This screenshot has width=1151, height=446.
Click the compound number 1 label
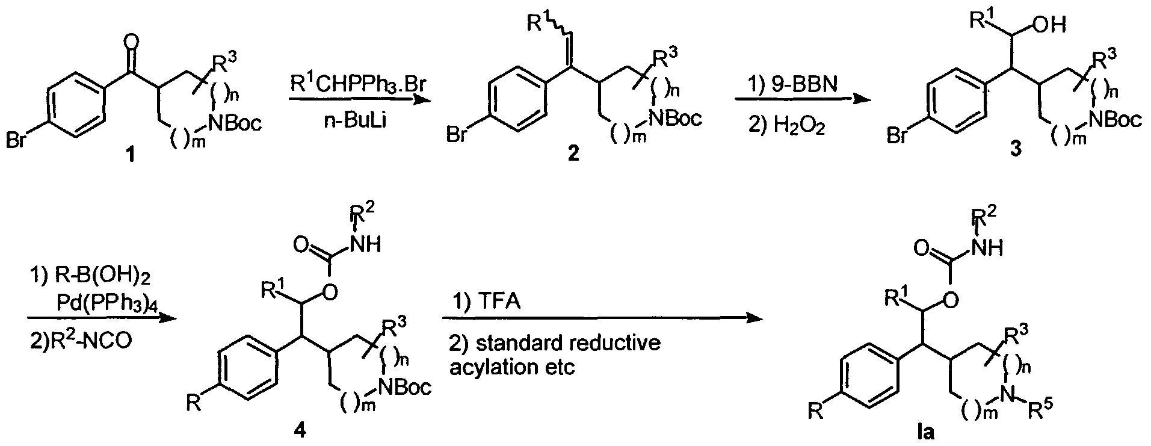coord(129,156)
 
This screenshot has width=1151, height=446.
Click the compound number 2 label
coord(573,156)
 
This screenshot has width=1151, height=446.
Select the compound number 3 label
coord(1015,150)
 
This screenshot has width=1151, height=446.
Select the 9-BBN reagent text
coord(792,85)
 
